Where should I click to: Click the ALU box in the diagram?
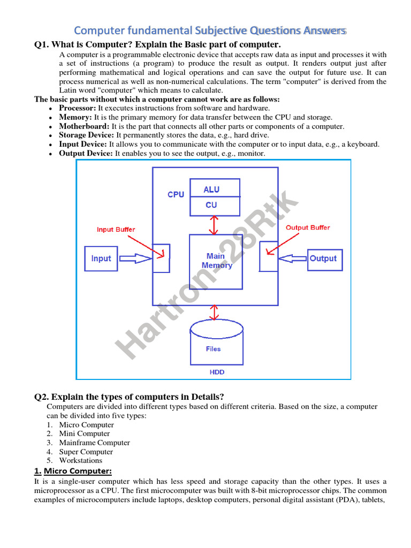click(211, 189)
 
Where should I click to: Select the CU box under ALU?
click(211, 205)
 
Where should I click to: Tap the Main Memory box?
click(216, 261)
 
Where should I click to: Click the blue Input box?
click(101, 258)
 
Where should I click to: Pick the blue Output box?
click(323, 258)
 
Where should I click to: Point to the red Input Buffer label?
click(116, 230)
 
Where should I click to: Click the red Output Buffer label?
click(308, 227)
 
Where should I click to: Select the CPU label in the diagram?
click(176, 194)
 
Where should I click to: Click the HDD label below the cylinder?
click(217, 372)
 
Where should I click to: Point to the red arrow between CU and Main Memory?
click(215, 225)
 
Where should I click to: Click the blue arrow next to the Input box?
click(135, 258)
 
